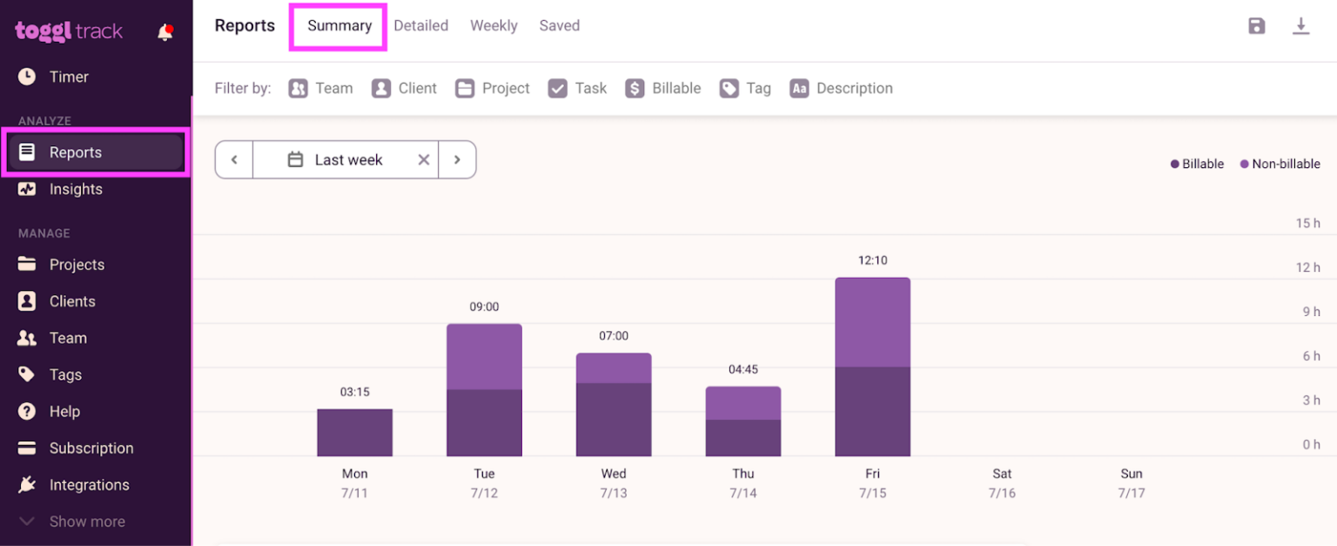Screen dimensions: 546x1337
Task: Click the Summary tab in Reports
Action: (339, 26)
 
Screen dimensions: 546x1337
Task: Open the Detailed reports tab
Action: (420, 26)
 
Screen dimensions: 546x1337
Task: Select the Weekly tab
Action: (494, 26)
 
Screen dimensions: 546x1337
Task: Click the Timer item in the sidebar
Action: (69, 77)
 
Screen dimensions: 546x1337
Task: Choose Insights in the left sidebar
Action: (76, 189)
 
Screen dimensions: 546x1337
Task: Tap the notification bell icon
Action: (165, 33)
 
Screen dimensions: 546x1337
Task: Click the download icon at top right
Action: (1300, 26)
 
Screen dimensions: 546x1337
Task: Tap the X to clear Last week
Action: (424, 159)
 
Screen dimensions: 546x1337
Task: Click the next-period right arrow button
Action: (457, 159)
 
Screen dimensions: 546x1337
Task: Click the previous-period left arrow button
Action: (234, 159)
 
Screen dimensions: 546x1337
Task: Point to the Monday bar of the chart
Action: (354, 433)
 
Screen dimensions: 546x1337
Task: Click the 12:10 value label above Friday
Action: (872, 260)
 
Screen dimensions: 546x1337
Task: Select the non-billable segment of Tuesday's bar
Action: (484, 357)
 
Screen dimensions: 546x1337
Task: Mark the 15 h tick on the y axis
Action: (1307, 223)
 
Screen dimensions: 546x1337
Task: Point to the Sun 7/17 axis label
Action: (1131, 482)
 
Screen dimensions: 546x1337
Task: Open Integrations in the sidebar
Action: (89, 485)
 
